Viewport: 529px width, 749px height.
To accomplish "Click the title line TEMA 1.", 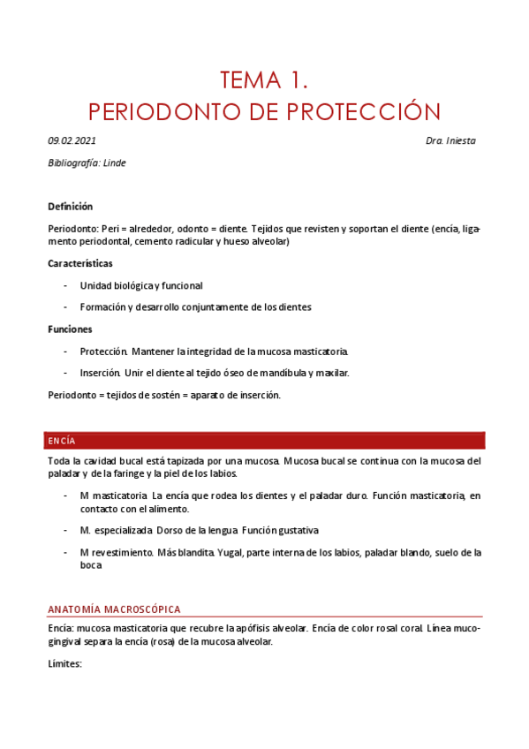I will coord(264,81).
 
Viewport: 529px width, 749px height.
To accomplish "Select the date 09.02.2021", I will coord(72,141).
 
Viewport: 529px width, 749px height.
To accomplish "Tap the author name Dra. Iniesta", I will coord(450,141).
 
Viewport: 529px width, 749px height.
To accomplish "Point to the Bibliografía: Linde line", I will coord(87,163).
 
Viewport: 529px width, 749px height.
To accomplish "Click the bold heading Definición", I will coord(70,206).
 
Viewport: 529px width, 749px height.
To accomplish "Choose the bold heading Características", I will coord(79,263).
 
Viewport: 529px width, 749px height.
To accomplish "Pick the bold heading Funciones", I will coord(70,329).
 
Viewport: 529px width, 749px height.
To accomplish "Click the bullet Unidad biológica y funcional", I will coord(141,285).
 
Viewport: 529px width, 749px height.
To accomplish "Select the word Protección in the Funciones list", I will coord(104,351).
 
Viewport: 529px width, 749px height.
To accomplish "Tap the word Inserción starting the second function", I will coord(101,373).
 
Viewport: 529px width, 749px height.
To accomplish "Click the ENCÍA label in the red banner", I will coord(62,440).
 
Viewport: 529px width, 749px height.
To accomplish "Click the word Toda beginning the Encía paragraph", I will coord(58,461).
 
